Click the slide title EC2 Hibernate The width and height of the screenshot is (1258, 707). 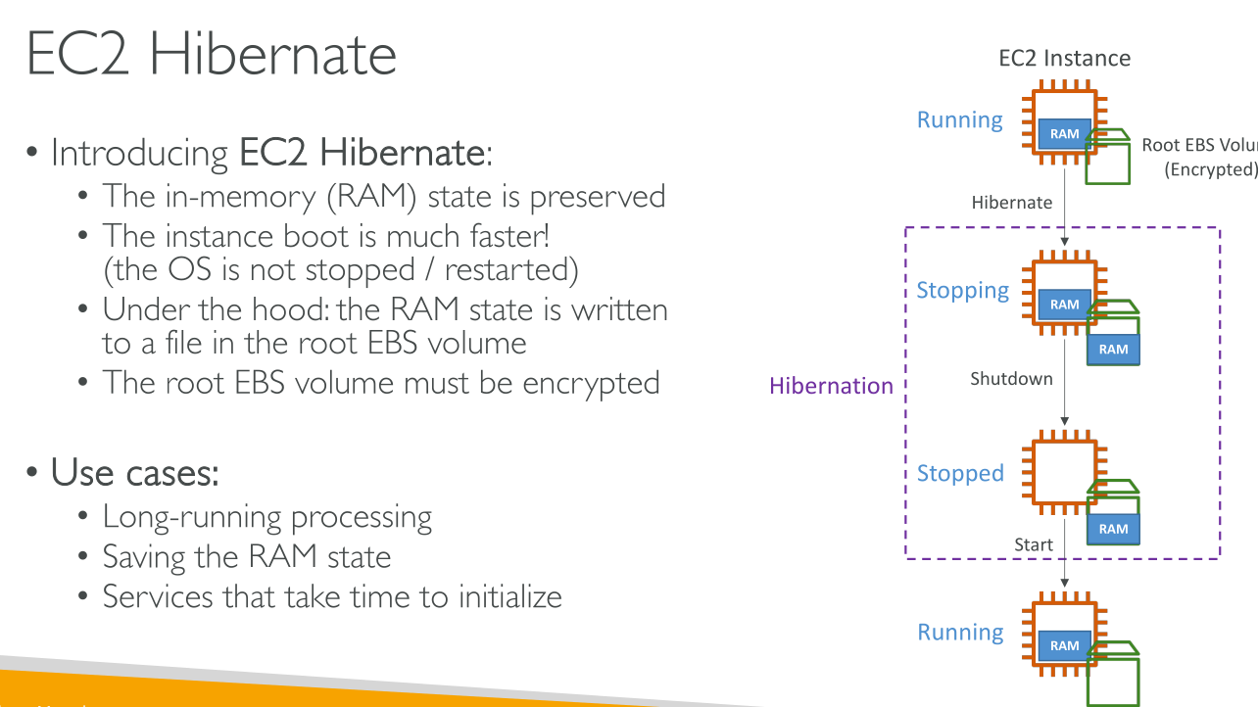click(x=212, y=54)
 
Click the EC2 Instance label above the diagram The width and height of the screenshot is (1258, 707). click(x=1064, y=58)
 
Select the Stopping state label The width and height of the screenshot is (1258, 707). click(x=962, y=291)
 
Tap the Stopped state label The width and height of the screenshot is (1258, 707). click(x=960, y=474)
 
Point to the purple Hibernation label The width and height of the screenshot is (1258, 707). click(x=831, y=386)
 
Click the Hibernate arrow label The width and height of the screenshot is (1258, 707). click(x=1011, y=203)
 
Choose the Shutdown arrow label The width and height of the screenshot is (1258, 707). click(x=1011, y=379)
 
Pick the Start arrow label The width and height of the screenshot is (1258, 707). click(x=1034, y=544)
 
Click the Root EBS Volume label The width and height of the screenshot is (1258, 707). click(x=1199, y=145)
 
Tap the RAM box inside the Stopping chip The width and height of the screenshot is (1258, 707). click(x=1064, y=305)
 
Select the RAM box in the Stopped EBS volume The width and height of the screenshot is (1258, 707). click(x=1113, y=529)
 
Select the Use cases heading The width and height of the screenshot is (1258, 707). click(x=134, y=473)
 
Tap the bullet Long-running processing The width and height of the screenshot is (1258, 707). click(x=266, y=516)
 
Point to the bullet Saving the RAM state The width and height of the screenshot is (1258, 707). click(x=246, y=557)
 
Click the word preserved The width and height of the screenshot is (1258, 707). click(x=598, y=197)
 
